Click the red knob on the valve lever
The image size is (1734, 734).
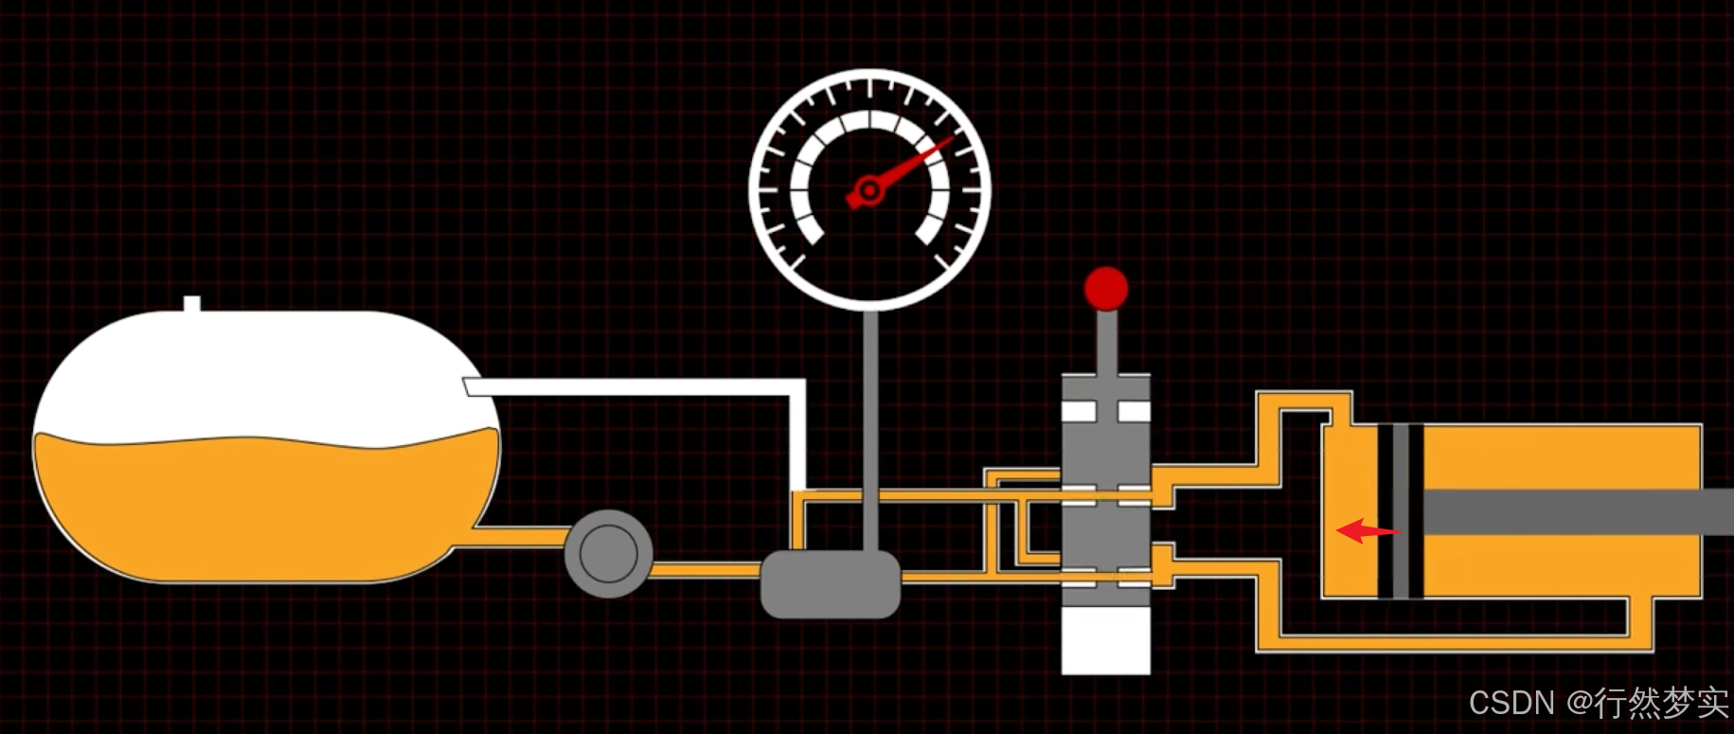point(1106,289)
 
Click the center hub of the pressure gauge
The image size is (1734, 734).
point(868,191)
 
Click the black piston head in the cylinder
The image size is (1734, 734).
point(1401,511)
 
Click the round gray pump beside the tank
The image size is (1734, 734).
point(608,554)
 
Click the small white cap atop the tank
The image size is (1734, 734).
point(192,304)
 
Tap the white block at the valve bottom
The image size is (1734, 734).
point(1105,639)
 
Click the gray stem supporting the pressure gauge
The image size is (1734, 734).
point(870,426)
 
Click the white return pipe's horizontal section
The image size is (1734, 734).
point(635,386)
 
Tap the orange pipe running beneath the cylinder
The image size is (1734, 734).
point(1449,643)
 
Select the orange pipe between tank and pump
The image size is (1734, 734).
point(521,536)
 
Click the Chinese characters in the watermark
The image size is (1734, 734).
point(1662,703)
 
